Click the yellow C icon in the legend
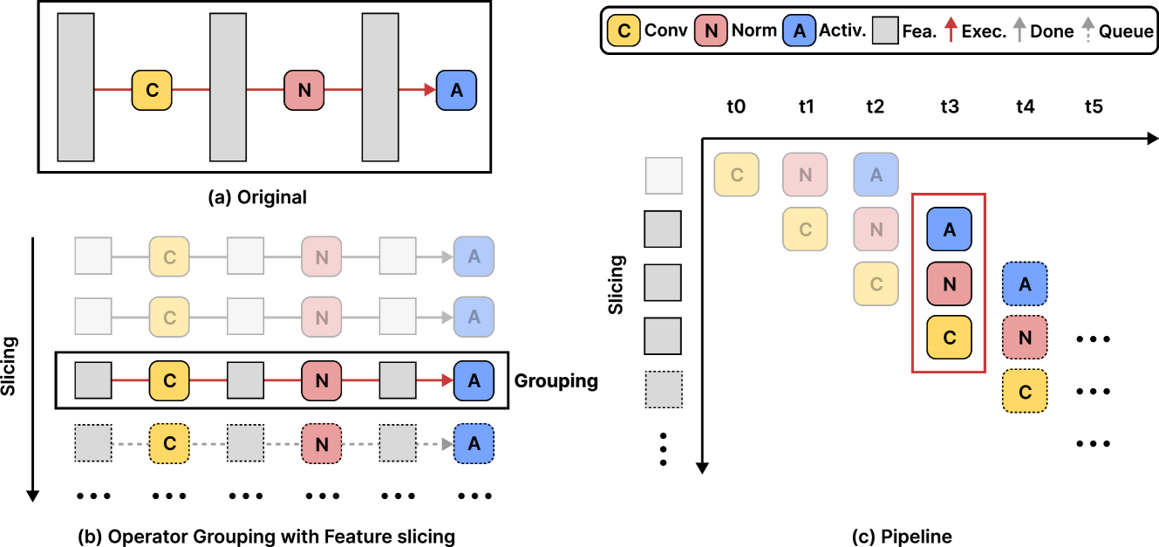pos(624,31)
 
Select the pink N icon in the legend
pos(711,31)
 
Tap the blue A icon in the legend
pos(799,31)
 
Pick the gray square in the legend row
pos(885,31)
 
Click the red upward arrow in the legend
pos(951,30)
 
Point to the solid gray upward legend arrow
pos(1019,30)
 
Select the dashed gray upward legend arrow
pos(1087,30)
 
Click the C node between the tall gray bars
pos(152,90)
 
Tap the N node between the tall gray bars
pos(304,90)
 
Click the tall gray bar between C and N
pos(228,87)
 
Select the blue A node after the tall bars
pos(456,90)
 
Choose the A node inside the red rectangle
pos(949,229)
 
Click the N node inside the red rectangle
pos(949,284)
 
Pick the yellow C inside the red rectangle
pos(949,337)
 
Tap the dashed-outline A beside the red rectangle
pos(1025,284)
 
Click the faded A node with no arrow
pos(876,174)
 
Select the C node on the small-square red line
pos(169,381)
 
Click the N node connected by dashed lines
pos(322,444)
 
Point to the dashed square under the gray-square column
pos(663,390)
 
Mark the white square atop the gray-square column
pos(663,175)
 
